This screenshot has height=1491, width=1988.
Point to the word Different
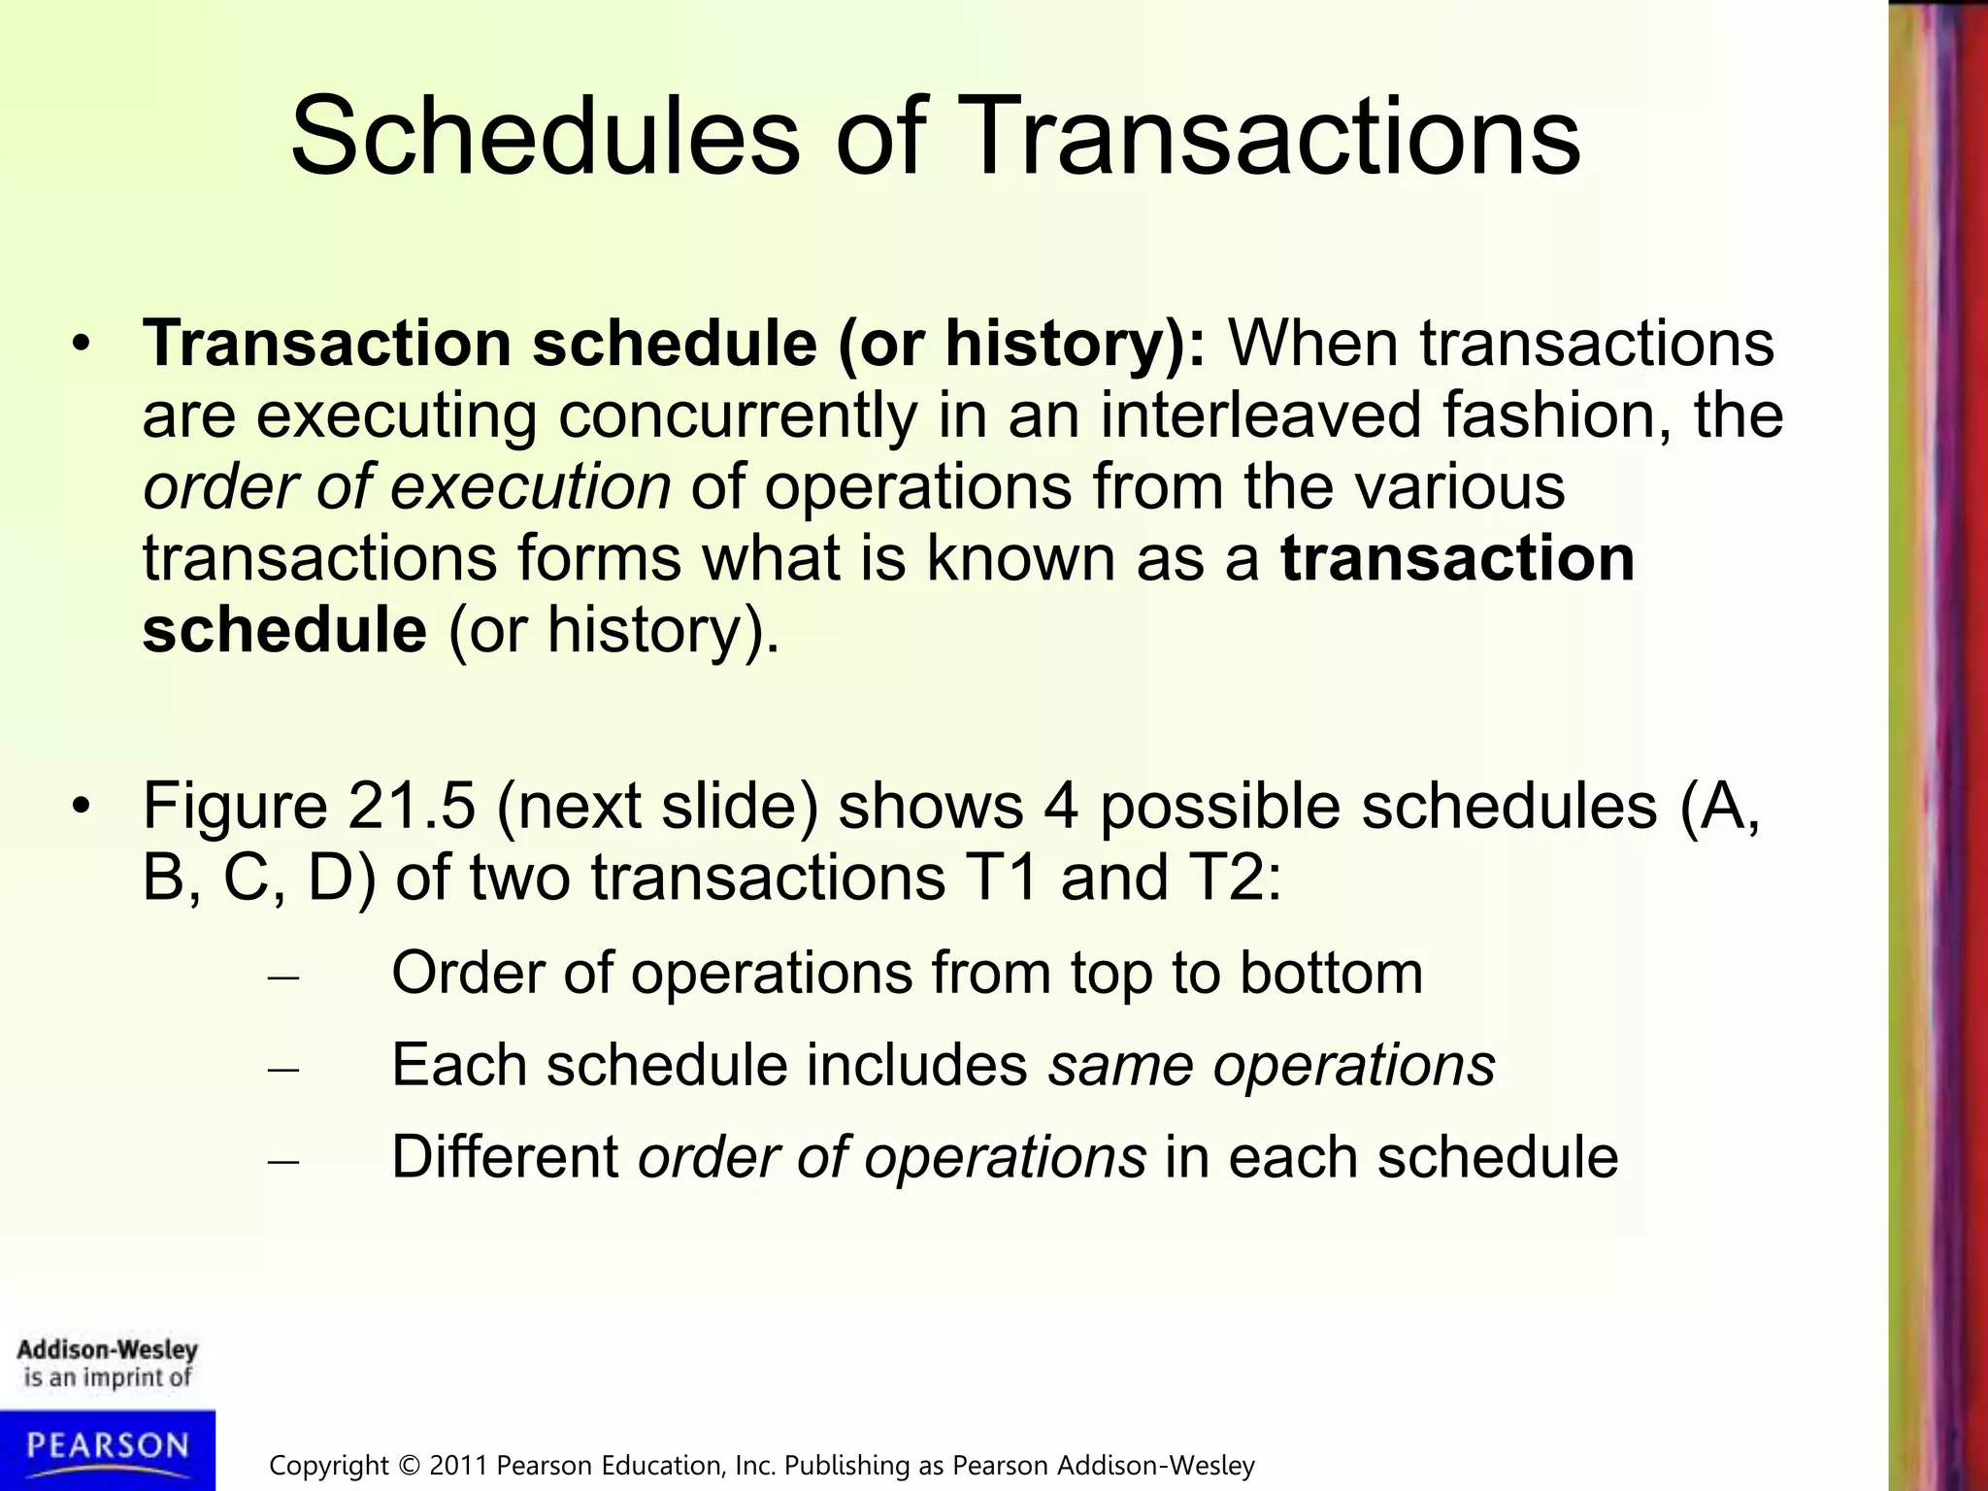tap(505, 1157)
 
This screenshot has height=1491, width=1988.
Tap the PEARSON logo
tap(107, 1446)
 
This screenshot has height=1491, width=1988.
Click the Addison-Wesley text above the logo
tap(107, 1350)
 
